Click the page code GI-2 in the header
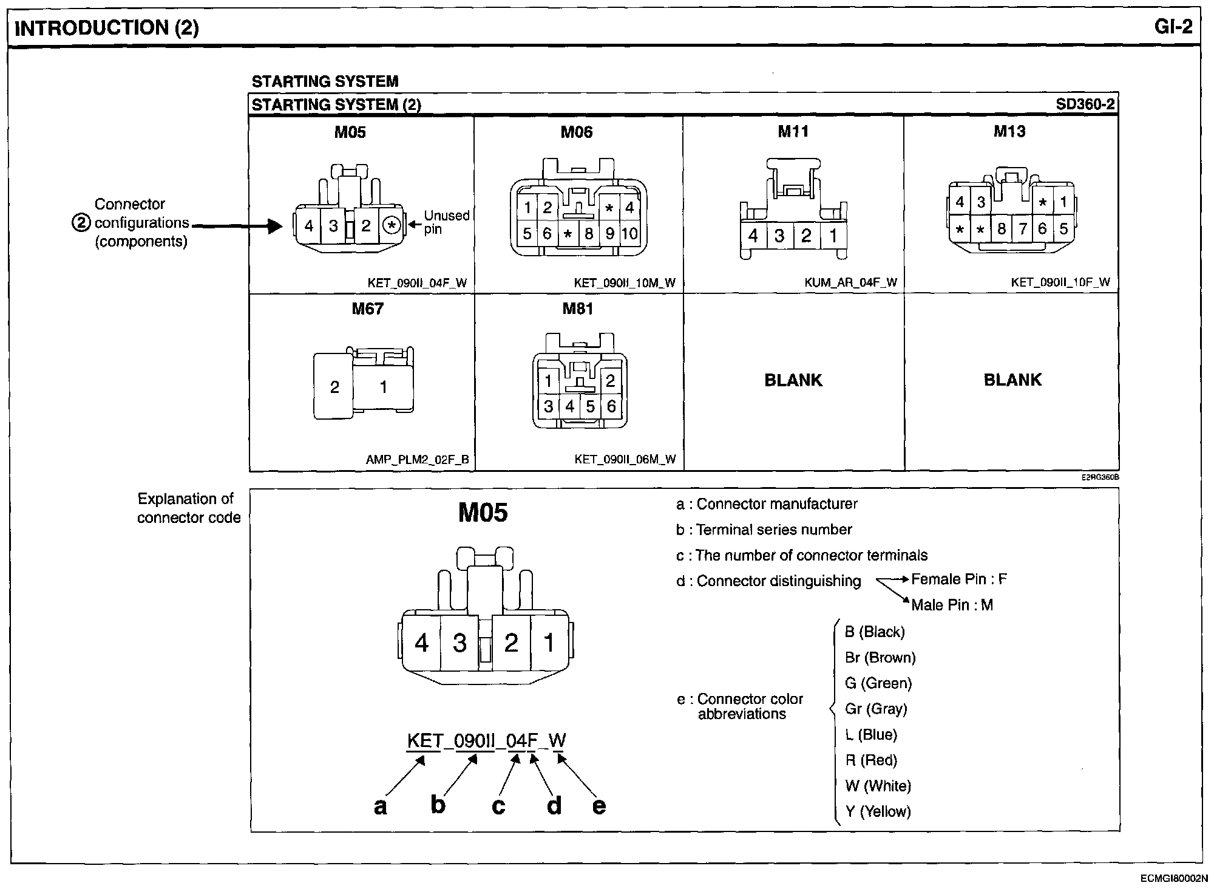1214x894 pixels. [x=1174, y=27]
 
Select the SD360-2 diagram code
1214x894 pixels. [x=1085, y=104]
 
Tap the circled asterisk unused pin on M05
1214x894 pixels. [x=392, y=227]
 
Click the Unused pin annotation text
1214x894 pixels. [x=446, y=222]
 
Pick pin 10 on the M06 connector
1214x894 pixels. [x=629, y=234]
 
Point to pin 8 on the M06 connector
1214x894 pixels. [x=588, y=234]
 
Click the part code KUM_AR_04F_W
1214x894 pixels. [x=850, y=282]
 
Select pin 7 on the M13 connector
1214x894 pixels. [x=1023, y=229]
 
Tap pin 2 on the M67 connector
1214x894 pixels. [x=334, y=387]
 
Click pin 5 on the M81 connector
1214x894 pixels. [x=590, y=406]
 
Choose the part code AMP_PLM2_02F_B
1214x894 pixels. [x=417, y=460]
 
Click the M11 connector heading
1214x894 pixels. [x=793, y=131]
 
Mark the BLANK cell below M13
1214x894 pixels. [x=1012, y=380]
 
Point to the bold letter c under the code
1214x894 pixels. [x=498, y=806]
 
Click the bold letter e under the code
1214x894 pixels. [x=599, y=806]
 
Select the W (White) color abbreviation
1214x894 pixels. [x=878, y=786]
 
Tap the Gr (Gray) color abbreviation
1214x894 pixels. [x=876, y=709]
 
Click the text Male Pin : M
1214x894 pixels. [x=952, y=605]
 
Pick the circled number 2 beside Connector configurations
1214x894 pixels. [x=81, y=223]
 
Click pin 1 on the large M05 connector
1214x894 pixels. [x=549, y=643]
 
